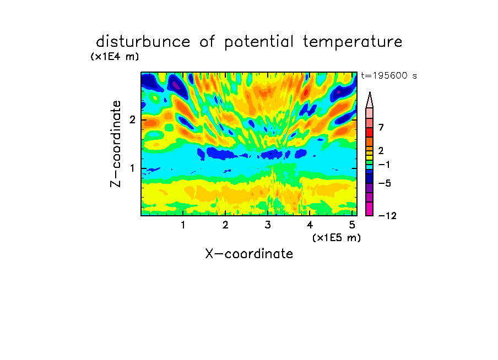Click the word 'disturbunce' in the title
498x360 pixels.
pos(143,42)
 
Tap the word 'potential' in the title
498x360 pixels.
pos(259,42)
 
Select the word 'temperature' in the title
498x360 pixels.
pos(353,42)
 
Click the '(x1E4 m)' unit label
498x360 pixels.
pos(115,57)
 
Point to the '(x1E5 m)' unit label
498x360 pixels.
pos(337,237)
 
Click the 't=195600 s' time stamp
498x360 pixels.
pos(389,75)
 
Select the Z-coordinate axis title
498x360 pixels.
pos(116,144)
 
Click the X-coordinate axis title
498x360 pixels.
pos(249,254)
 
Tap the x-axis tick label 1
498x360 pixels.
pos(183,225)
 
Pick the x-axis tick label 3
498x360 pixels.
pos(268,225)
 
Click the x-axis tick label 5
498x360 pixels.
pos(352,225)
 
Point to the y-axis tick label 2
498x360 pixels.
pos(132,119)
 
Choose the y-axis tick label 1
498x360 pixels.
pos(132,168)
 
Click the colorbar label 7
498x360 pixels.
pos(381,127)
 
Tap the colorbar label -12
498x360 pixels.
pos(387,216)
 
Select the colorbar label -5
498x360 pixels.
pos(385,183)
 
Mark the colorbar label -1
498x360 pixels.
pos(384,165)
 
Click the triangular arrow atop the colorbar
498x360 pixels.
pos(370,100)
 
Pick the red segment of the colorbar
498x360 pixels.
pos(370,132)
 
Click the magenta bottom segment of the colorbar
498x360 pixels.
pos(370,209)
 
